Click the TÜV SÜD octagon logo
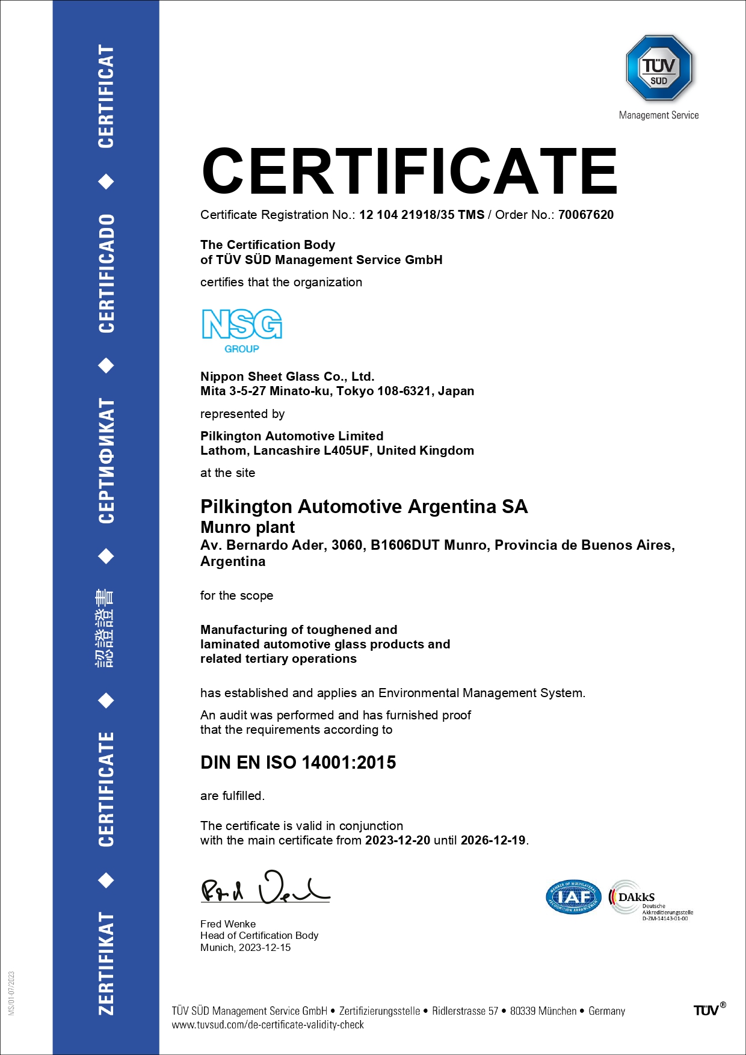659,67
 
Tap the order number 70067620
585,215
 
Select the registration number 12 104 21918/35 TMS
422,215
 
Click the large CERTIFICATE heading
410,171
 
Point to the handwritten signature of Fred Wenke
265,888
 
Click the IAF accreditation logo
573,897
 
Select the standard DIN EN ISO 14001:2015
298,763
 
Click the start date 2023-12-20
398,840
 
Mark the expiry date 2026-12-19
493,840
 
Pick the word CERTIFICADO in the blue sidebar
106,273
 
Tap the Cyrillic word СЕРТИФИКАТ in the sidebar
106,460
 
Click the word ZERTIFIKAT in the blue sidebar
106,963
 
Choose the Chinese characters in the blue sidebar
105,628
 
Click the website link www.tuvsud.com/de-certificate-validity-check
268,1024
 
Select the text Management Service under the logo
659,115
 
